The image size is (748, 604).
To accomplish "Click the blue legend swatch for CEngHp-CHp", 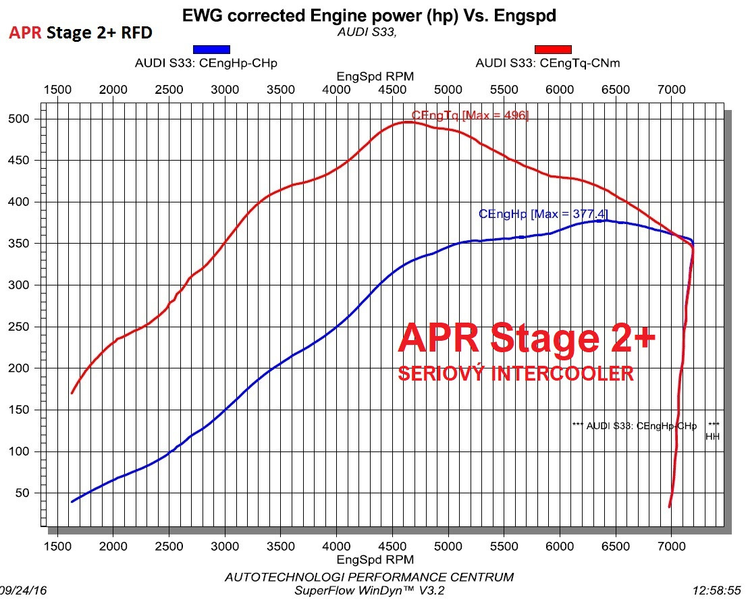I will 211,49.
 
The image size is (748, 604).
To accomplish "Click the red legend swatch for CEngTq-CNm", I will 553,49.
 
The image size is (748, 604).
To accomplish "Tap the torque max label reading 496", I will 470,115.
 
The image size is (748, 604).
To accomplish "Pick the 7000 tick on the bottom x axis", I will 671,545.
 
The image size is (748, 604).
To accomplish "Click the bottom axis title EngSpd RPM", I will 375,559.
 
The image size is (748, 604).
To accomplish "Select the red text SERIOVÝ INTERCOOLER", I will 516,373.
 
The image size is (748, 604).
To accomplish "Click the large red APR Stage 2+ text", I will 526,338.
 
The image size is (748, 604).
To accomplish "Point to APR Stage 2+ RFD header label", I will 80,32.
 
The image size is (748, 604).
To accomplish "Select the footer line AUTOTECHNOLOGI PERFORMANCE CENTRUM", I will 369,577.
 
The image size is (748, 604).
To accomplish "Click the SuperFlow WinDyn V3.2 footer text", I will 369,591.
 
